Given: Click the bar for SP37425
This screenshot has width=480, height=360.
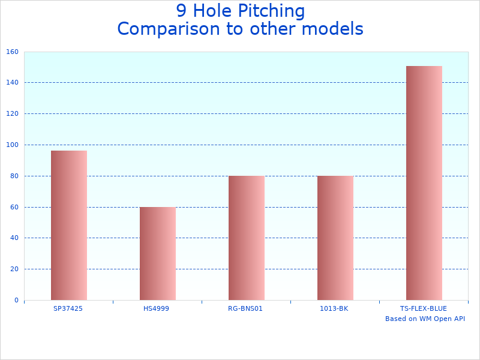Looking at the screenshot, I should point(68,225).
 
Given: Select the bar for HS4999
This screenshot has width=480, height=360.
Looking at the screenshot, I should point(157,253).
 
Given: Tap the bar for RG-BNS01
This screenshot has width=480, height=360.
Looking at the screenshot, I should point(246,238).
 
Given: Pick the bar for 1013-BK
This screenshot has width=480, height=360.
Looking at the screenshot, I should point(335,238).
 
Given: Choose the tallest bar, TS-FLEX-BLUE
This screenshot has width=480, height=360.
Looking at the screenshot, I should point(424,183).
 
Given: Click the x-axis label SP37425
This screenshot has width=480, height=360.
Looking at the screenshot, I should point(68,308).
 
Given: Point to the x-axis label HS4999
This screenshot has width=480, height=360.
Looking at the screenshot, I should point(157,308).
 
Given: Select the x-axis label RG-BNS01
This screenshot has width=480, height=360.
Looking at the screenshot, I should point(245,308).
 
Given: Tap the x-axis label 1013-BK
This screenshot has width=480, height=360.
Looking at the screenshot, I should point(334,308).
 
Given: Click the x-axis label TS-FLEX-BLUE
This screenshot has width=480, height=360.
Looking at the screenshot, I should point(423,308).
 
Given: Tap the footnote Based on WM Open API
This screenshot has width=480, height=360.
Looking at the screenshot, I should point(425,319).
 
